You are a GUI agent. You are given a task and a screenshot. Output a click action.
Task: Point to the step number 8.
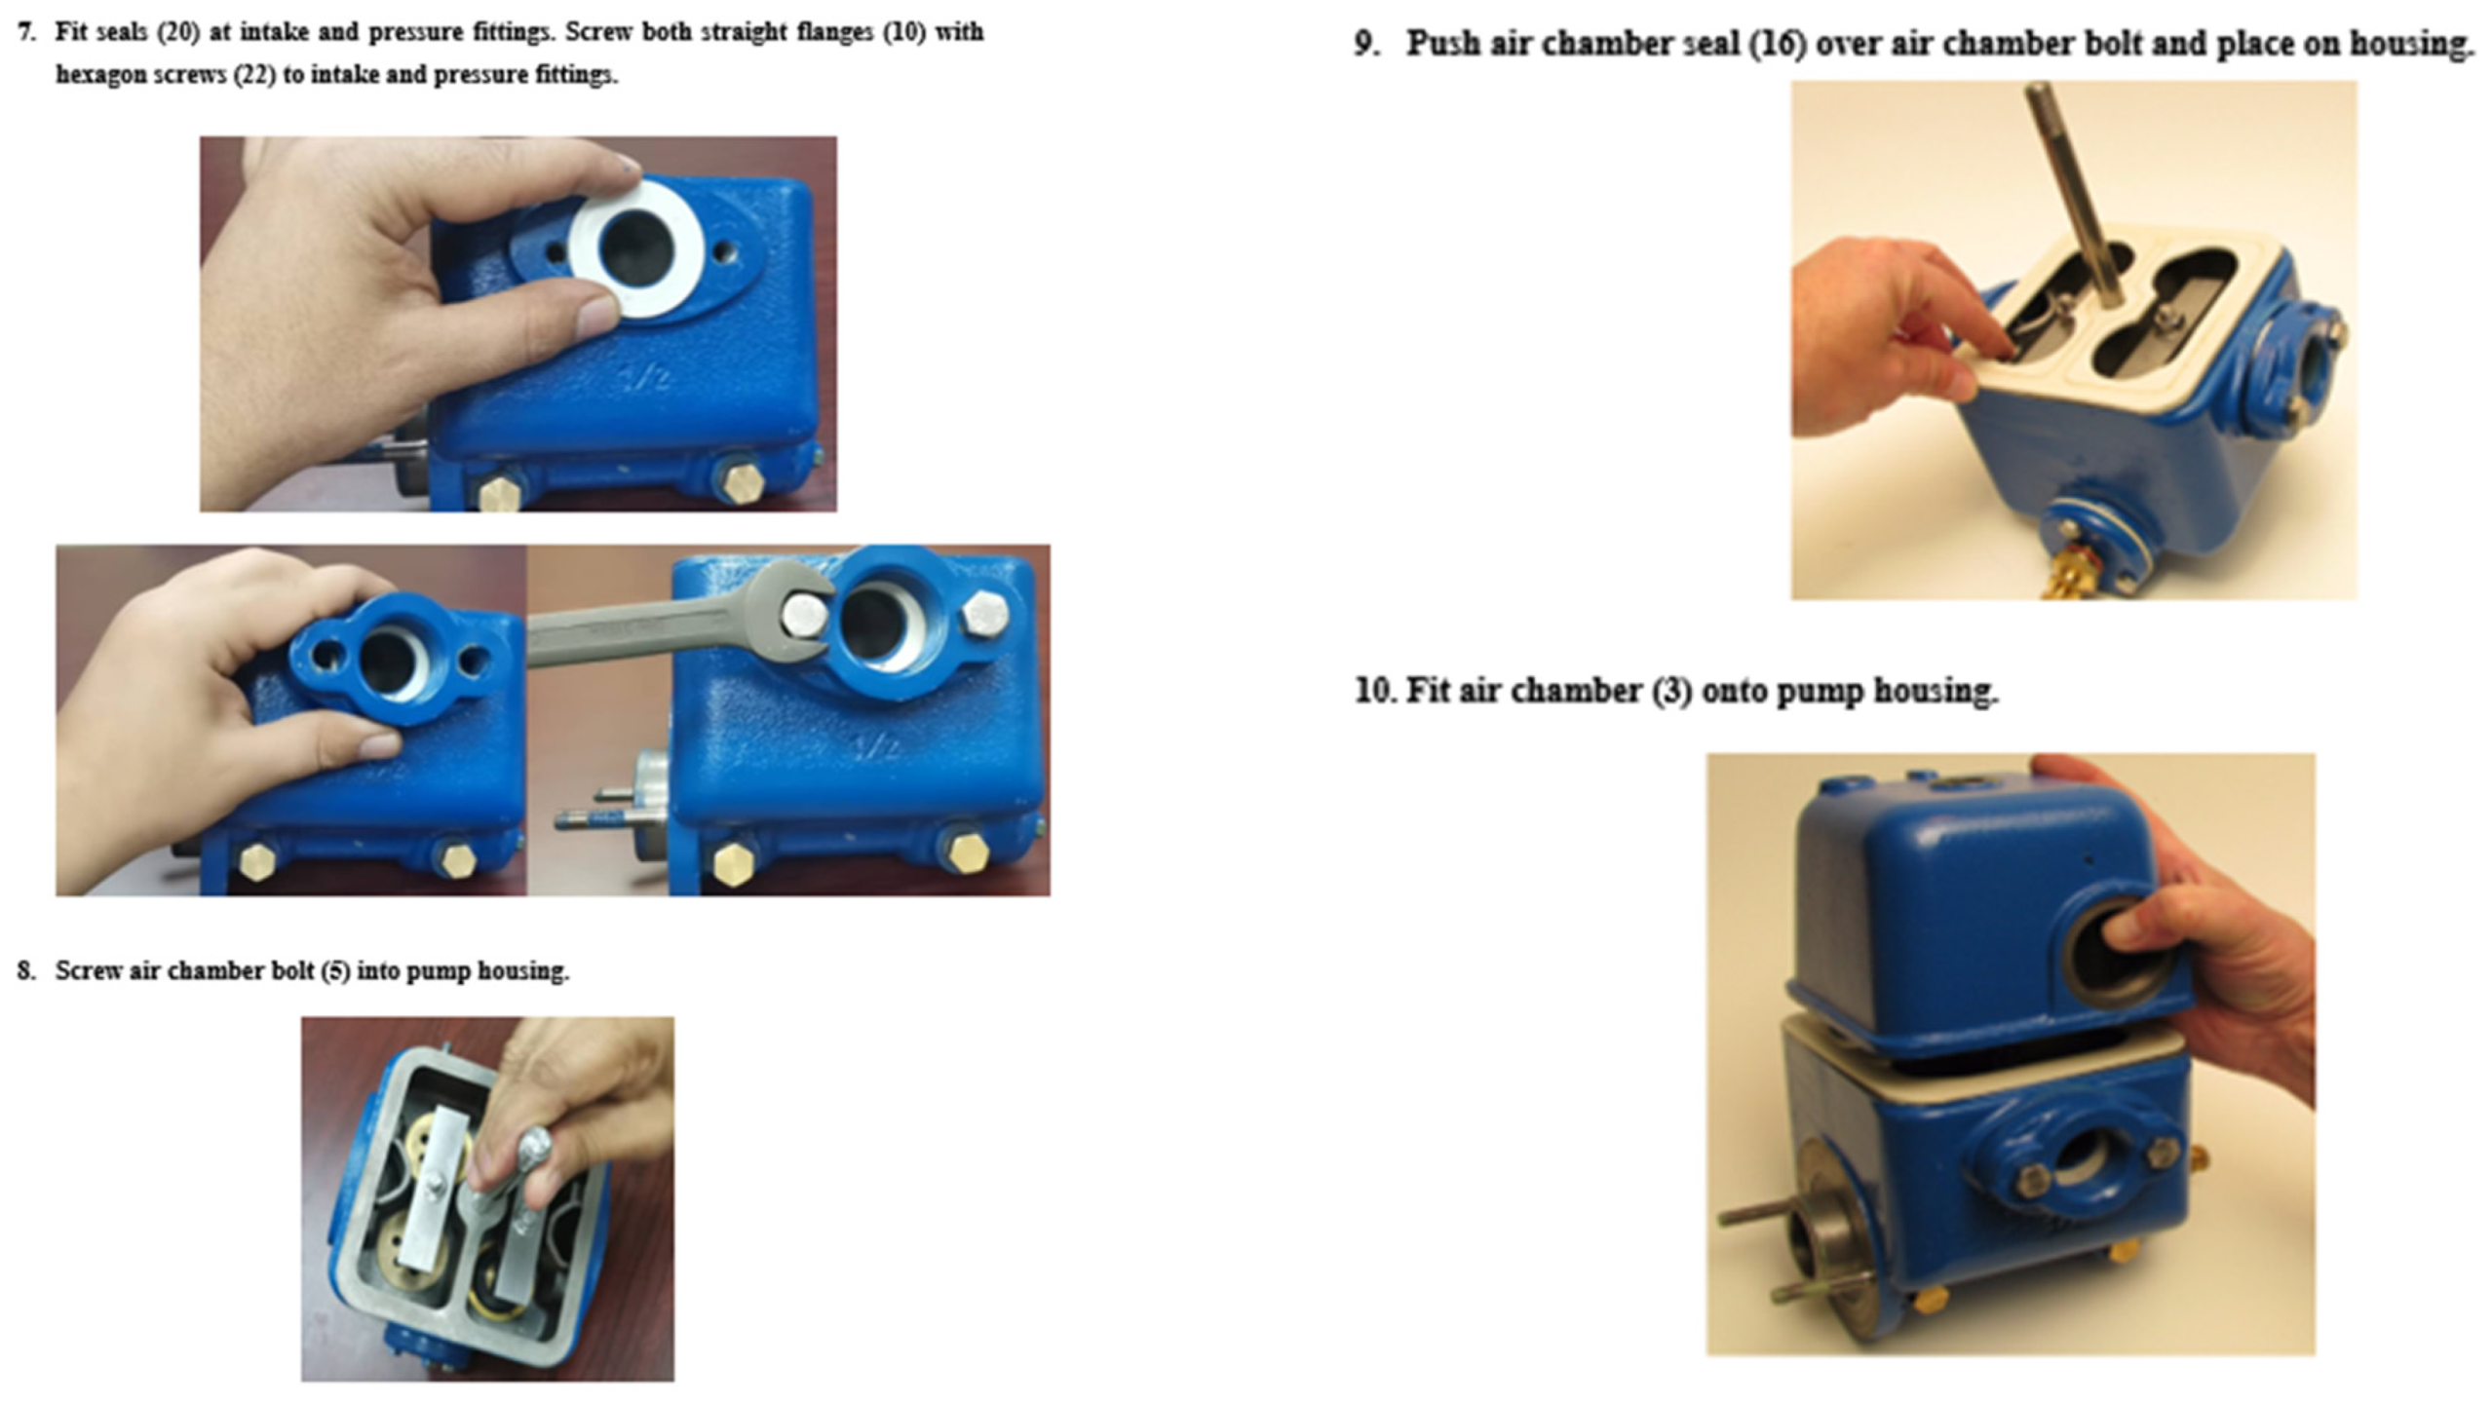(x=26, y=970)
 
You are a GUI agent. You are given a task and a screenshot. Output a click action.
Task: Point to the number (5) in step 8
(x=334, y=970)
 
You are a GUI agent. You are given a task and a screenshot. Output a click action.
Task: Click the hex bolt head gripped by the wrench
(x=805, y=614)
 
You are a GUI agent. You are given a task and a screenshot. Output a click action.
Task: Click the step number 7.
(x=26, y=32)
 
